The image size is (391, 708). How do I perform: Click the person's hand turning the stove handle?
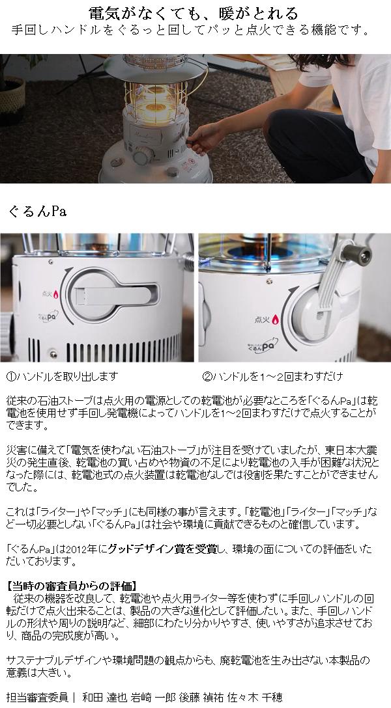[203, 139]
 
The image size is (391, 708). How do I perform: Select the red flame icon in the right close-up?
[275, 320]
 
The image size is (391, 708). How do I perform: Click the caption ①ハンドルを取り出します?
[61, 377]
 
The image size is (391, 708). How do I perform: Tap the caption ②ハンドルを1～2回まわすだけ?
[272, 377]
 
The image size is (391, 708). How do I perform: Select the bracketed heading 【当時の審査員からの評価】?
[72, 585]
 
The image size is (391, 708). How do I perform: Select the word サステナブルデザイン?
[53, 659]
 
